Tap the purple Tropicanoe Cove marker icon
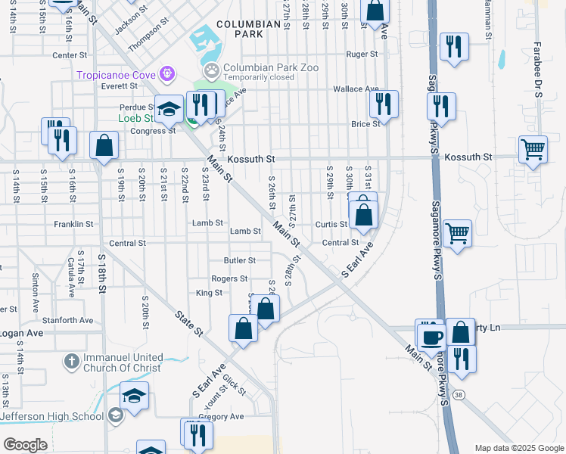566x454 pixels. click(x=167, y=74)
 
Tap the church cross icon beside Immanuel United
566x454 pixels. click(x=70, y=362)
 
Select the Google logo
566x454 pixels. click(x=26, y=445)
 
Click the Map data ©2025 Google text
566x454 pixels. click(x=518, y=448)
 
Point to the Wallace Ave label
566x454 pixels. click(x=356, y=89)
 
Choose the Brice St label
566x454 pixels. click(x=364, y=124)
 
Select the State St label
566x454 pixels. click(x=189, y=323)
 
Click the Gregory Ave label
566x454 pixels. click(x=221, y=416)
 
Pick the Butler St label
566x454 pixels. click(x=240, y=260)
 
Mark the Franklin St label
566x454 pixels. click(x=73, y=224)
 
